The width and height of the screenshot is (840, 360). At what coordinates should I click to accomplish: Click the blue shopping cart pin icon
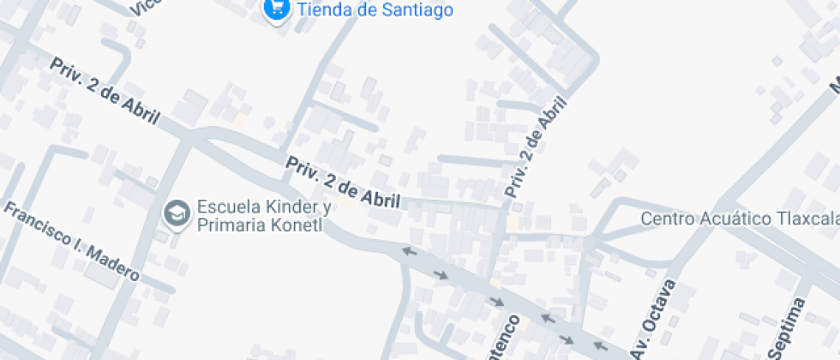pyautogui.click(x=275, y=9)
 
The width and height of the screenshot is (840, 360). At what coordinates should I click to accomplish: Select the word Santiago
pyautogui.click(x=416, y=10)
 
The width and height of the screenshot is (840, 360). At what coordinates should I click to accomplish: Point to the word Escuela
pyautogui.click(x=225, y=207)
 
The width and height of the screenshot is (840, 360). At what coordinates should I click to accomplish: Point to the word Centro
pyautogui.click(x=668, y=219)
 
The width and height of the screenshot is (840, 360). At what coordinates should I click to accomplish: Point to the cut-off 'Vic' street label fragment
pyautogui.click(x=146, y=7)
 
